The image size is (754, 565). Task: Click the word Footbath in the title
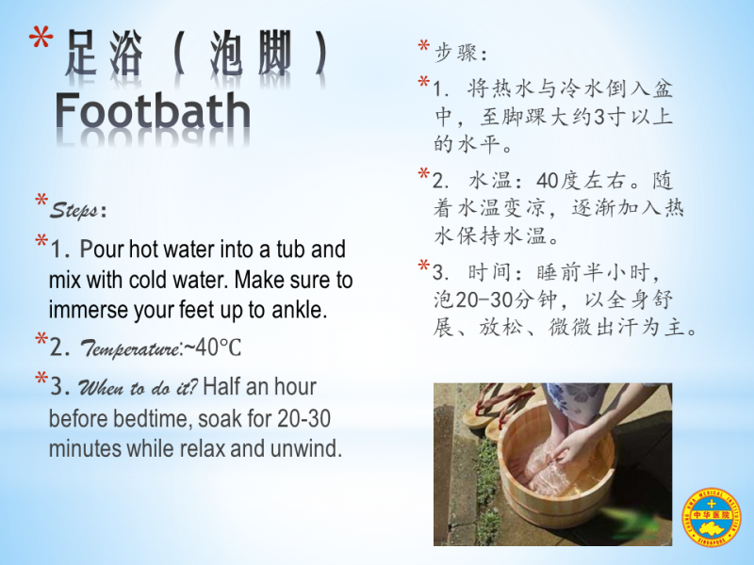coord(153,111)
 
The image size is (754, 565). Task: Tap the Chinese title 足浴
coord(104,53)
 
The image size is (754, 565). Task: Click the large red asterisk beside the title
coord(41,38)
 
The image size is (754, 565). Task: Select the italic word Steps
coord(74,210)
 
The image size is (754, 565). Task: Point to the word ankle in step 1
coord(299,310)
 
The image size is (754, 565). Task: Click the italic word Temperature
coord(130,348)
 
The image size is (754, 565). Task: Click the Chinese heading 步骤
coord(456,53)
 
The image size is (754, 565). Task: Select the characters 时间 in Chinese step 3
coord(489,273)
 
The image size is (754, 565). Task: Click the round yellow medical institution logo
coord(712,517)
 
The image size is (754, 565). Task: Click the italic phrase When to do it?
coord(138,387)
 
